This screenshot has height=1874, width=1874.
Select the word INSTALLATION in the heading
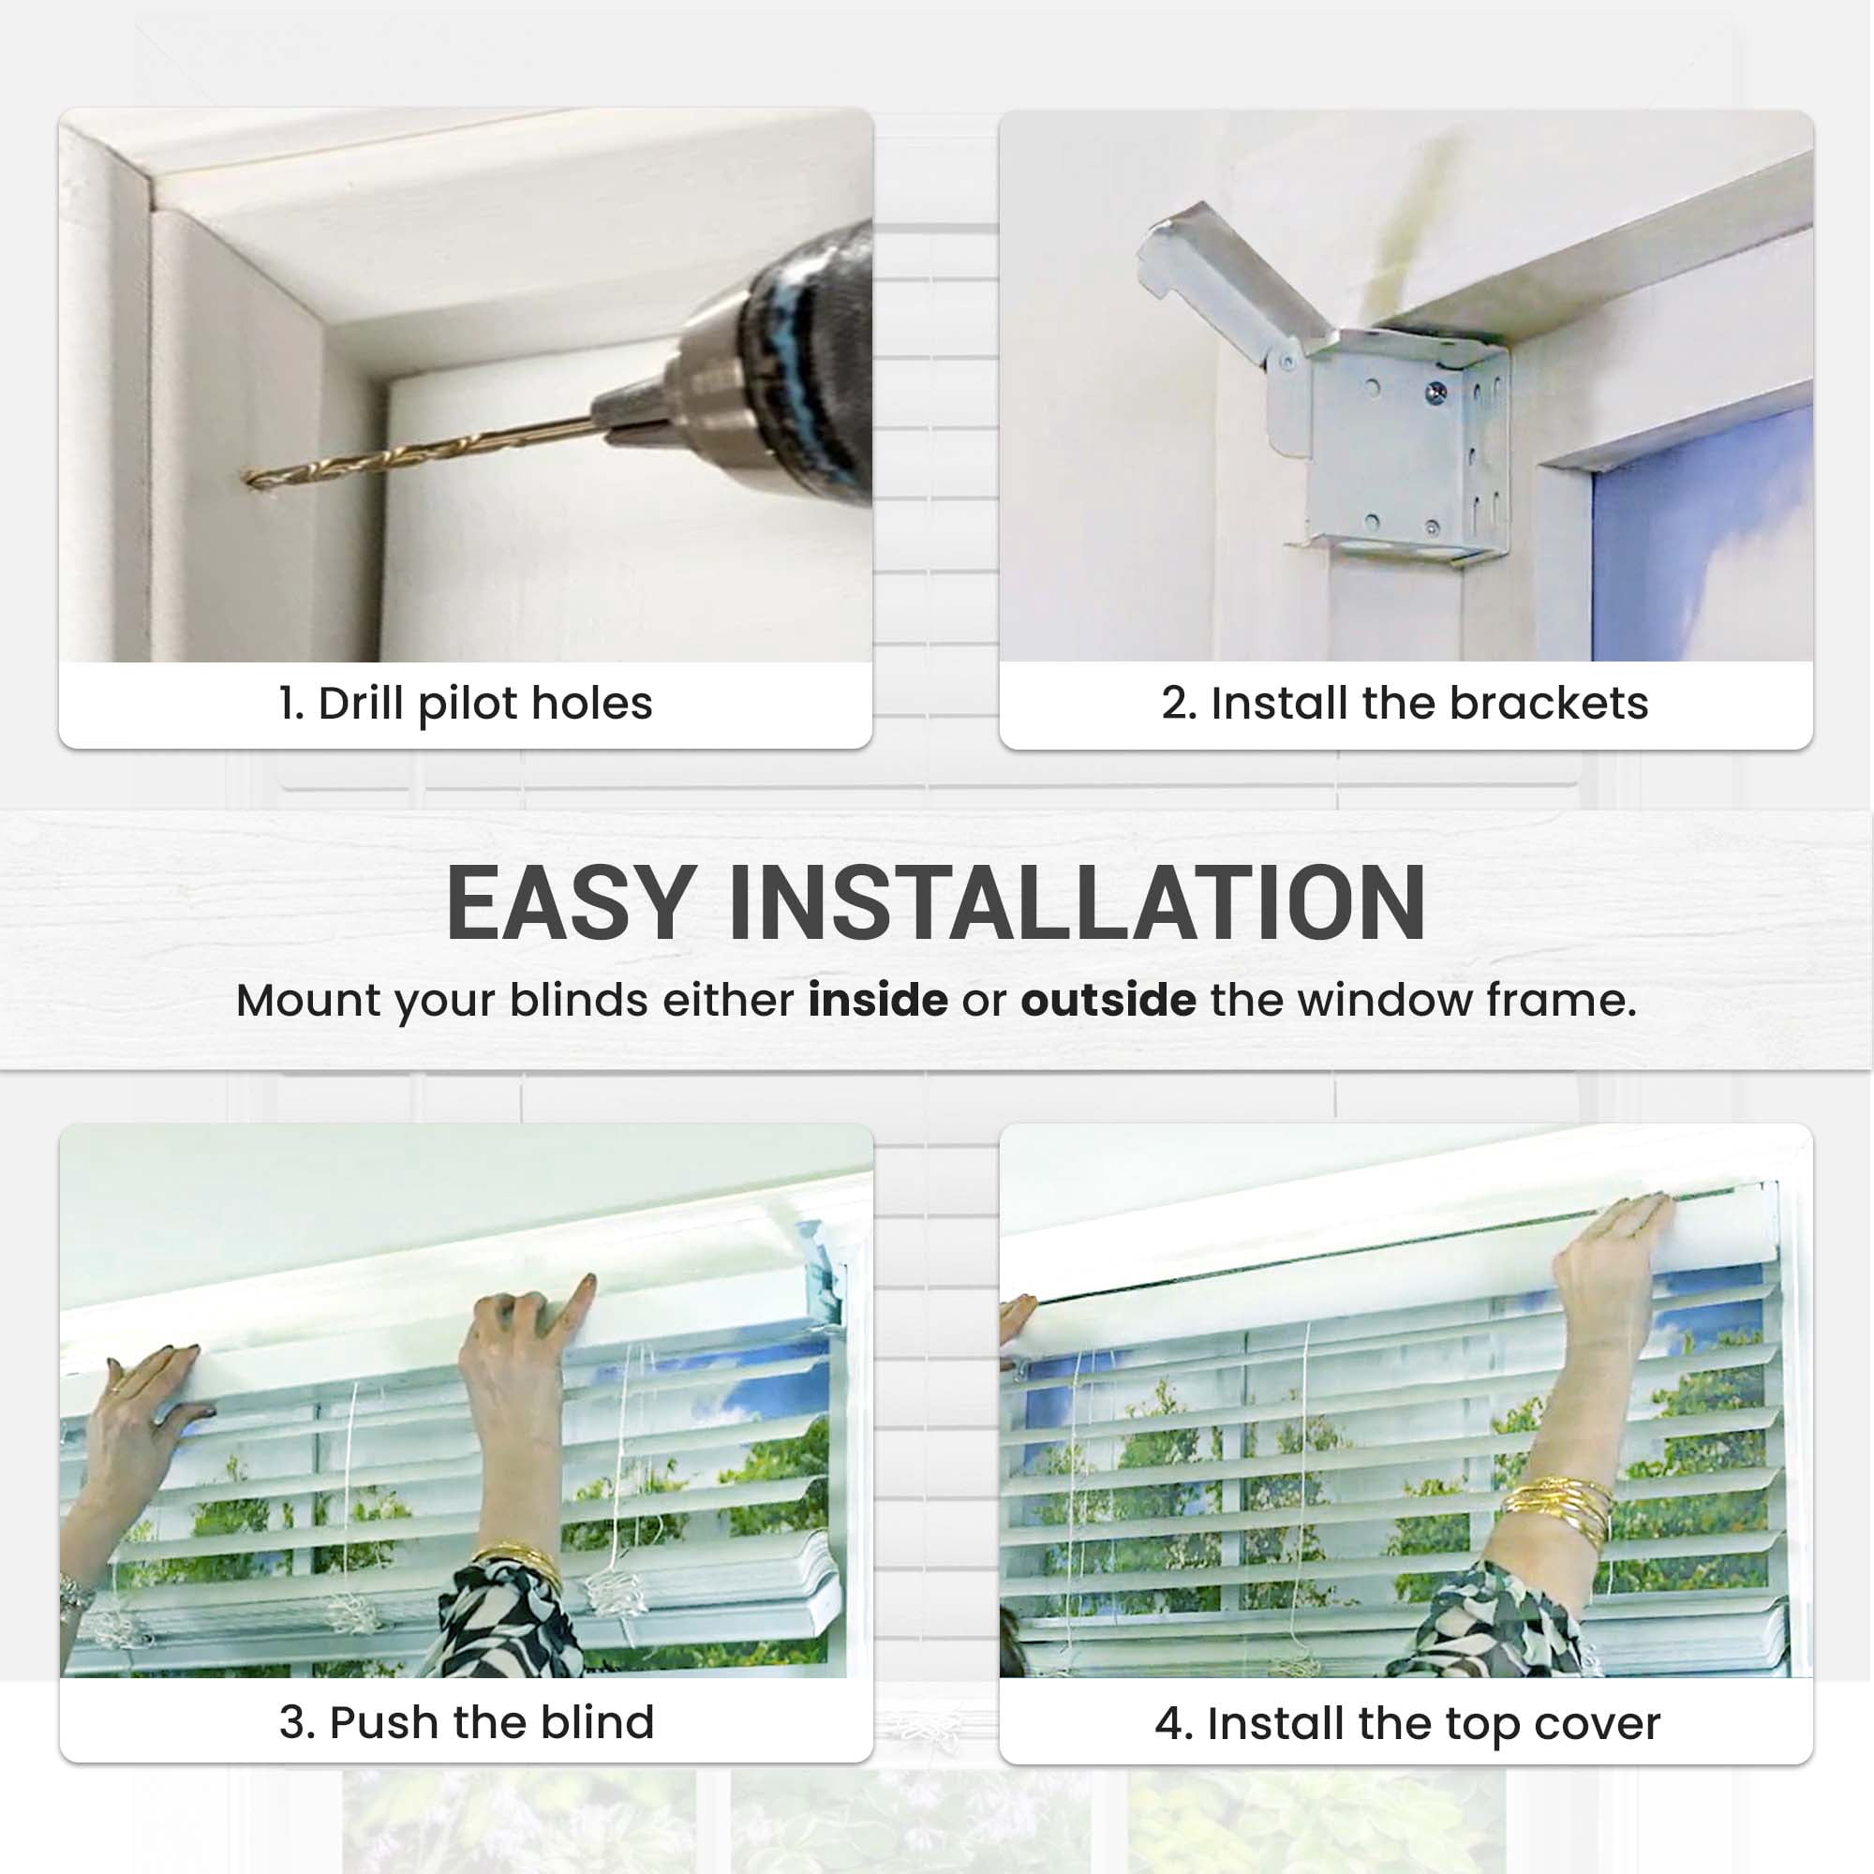click(x=1077, y=904)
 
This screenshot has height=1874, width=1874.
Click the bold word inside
click(x=878, y=999)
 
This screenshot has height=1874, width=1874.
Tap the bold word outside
click(x=1108, y=999)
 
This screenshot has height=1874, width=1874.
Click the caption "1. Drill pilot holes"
click(x=466, y=705)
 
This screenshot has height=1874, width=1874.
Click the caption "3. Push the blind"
click(x=467, y=1723)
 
